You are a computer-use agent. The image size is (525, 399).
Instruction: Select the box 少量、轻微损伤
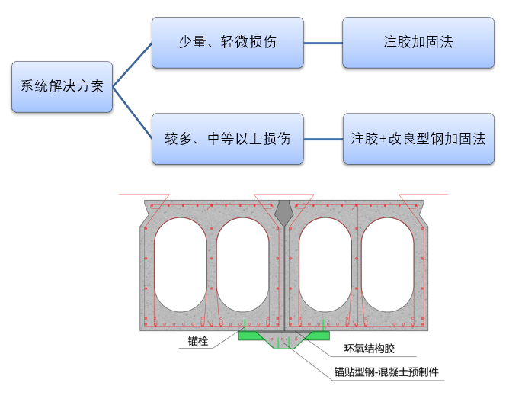[x=227, y=41]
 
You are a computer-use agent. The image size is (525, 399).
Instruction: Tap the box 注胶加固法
[x=418, y=41]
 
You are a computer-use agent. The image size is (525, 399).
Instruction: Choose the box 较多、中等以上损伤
[x=227, y=139]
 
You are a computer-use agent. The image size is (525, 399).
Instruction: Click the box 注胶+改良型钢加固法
[x=418, y=139]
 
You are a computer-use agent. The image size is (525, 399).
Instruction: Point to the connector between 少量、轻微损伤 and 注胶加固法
[x=323, y=41]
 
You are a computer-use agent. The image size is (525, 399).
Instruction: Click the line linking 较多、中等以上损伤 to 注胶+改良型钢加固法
[x=323, y=139]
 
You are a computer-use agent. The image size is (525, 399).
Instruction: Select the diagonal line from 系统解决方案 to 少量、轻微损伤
[x=133, y=65]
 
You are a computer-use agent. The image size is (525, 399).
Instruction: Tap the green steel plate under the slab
[x=248, y=335]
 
